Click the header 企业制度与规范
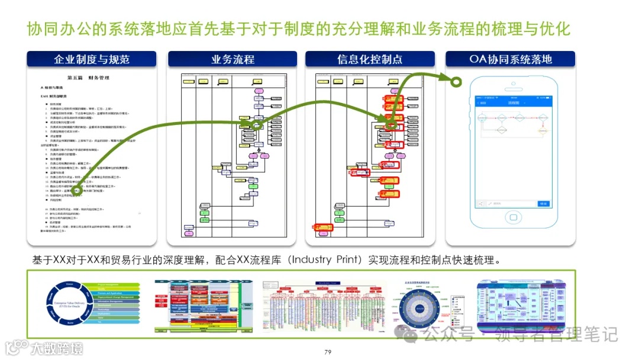click(92, 59)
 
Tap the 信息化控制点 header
click(370, 59)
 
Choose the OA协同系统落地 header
click(511, 59)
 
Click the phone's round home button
click(511, 226)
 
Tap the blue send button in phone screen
click(543, 204)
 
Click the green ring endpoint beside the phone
click(456, 82)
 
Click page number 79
click(328, 352)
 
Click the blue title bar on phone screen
click(511, 102)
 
